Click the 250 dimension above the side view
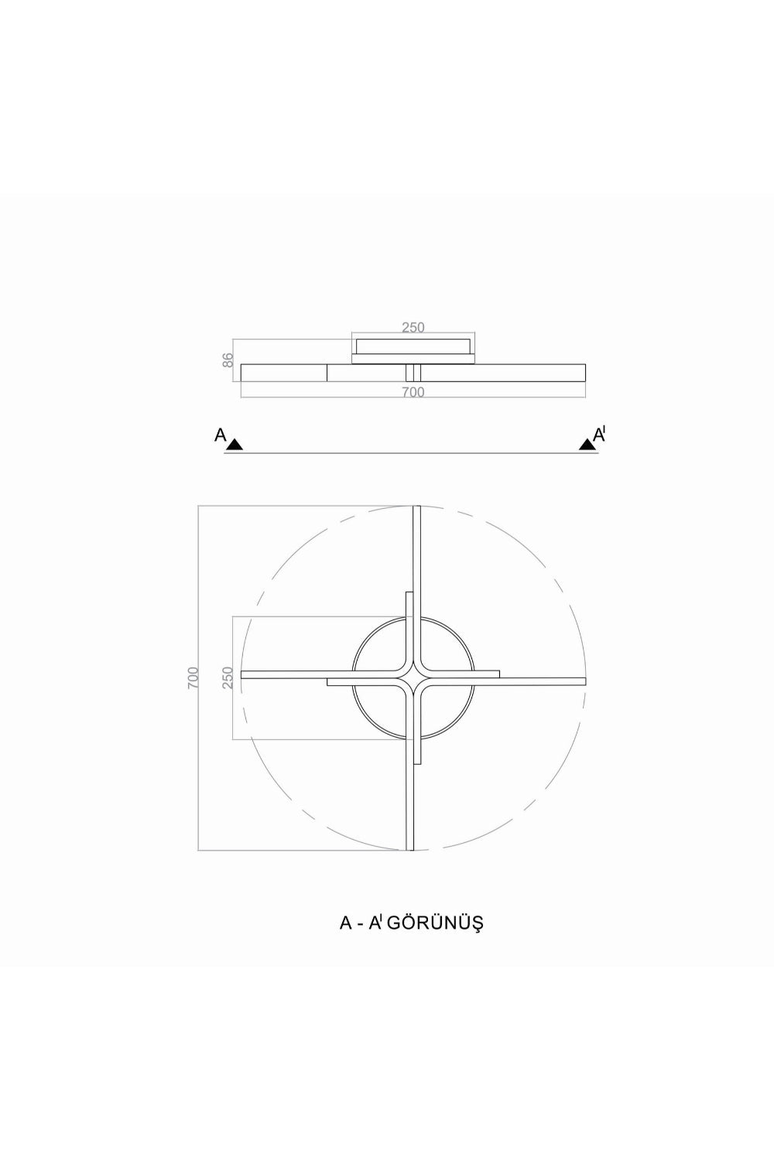[413, 327]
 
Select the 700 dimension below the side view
[413, 392]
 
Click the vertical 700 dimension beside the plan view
[192, 677]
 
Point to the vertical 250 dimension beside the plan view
[228, 677]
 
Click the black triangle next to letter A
[235, 444]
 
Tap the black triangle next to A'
[587, 444]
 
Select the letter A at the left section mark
[221, 435]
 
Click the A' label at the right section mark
[600, 434]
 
